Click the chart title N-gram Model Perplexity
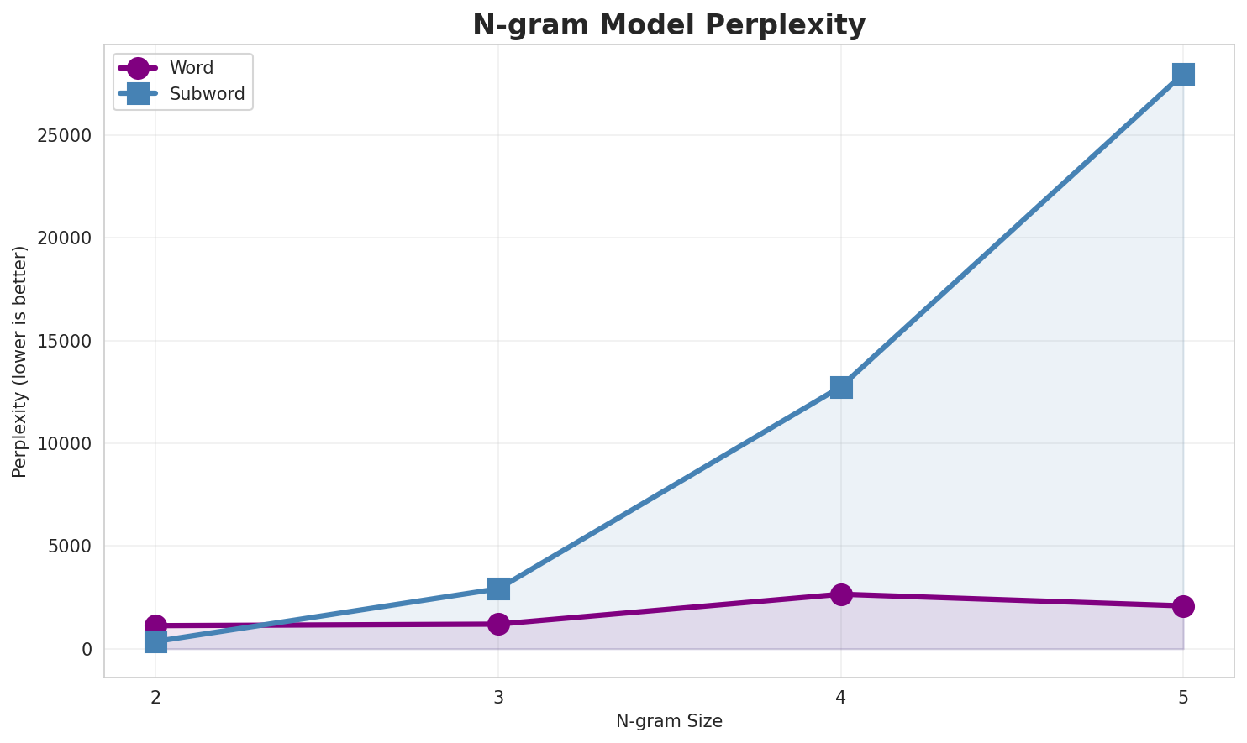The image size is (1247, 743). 668,25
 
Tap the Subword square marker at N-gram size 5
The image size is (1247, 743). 1183,74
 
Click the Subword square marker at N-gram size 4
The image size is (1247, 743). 841,387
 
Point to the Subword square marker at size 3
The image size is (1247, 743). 498,589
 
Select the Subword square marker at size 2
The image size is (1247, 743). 155,642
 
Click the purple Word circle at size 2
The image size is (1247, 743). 155,625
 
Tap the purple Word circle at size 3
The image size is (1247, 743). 498,624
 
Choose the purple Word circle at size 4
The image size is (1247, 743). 841,594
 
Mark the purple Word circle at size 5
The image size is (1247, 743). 1183,606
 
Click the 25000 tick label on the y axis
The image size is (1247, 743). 65,136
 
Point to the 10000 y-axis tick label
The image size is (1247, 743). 65,444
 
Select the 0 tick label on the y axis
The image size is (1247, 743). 87,650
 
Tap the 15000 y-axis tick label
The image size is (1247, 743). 65,342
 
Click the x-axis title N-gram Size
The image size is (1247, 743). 669,721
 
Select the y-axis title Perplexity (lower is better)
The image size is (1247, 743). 20,361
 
